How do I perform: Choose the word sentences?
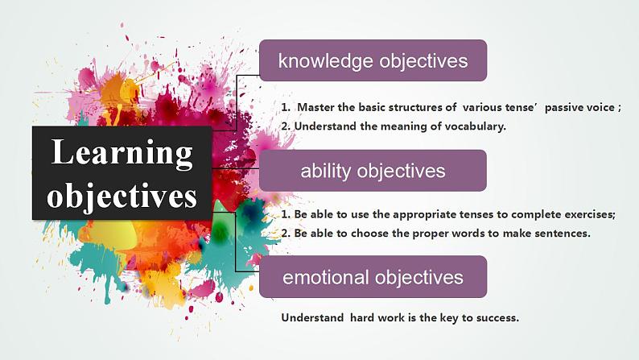tap(563, 234)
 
